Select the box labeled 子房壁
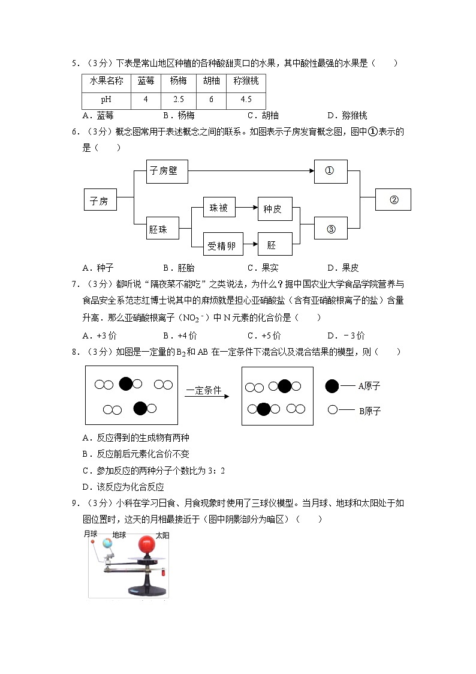click(x=166, y=171)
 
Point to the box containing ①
click(x=330, y=171)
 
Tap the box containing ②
click(x=393, y=199)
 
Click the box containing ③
click(x=330, y=228)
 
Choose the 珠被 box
click(x=218, y=208)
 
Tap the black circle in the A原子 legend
click(x=332, y=387)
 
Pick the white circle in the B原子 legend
click(x=332, y=411)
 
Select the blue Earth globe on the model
click(x=108, y=544)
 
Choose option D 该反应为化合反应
click(x=123, y=487)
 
